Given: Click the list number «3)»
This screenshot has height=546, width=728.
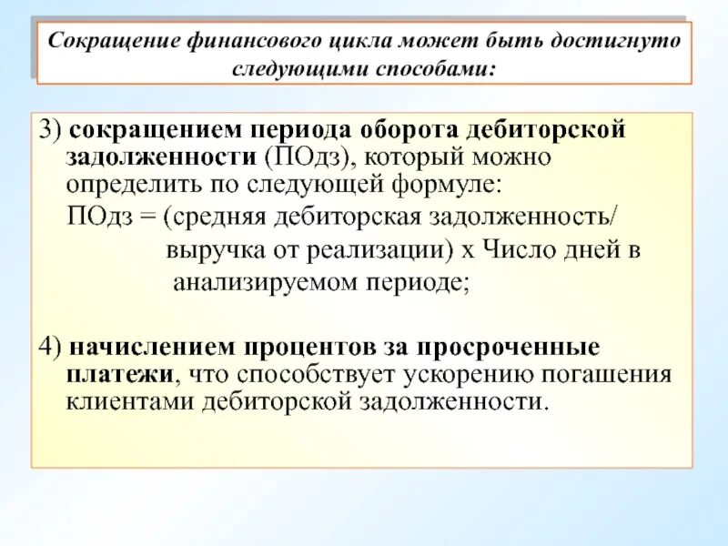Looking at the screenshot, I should coord(48,130).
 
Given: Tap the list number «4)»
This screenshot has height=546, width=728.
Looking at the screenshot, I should coord(48,349).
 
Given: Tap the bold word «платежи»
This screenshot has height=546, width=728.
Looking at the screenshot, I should coord(118,374).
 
